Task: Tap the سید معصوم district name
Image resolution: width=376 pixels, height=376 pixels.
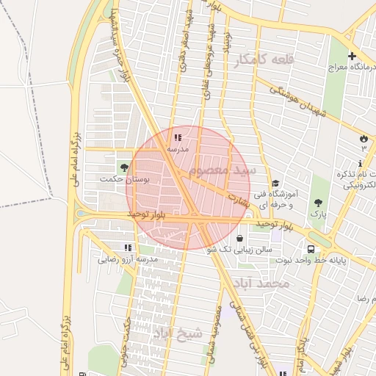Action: tap(223, 170)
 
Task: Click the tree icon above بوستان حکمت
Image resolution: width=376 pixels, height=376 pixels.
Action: tap(124, 167)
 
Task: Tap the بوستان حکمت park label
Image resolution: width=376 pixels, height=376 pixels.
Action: tap(124, 178)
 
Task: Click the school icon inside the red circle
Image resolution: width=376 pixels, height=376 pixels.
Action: tap(178, 137)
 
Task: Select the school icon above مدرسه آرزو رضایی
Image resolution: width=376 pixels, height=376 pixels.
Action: tap(129, 247)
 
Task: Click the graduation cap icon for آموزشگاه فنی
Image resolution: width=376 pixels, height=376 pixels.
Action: tap(275, 184)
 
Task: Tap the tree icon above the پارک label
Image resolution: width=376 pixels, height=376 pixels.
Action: tap(318, 202)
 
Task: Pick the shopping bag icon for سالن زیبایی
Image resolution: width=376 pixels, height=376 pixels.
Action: tap(241, 238)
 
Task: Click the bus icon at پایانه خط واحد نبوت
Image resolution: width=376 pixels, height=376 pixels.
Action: tap(313, 248)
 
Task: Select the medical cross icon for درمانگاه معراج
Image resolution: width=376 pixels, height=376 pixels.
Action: tap(352, 57)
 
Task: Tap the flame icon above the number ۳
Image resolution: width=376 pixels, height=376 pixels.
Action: tap(363, 138)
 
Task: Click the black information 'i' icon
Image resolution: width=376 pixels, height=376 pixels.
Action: tap(360, 162)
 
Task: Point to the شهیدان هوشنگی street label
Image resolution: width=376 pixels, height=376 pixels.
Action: tap(297, 101)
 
